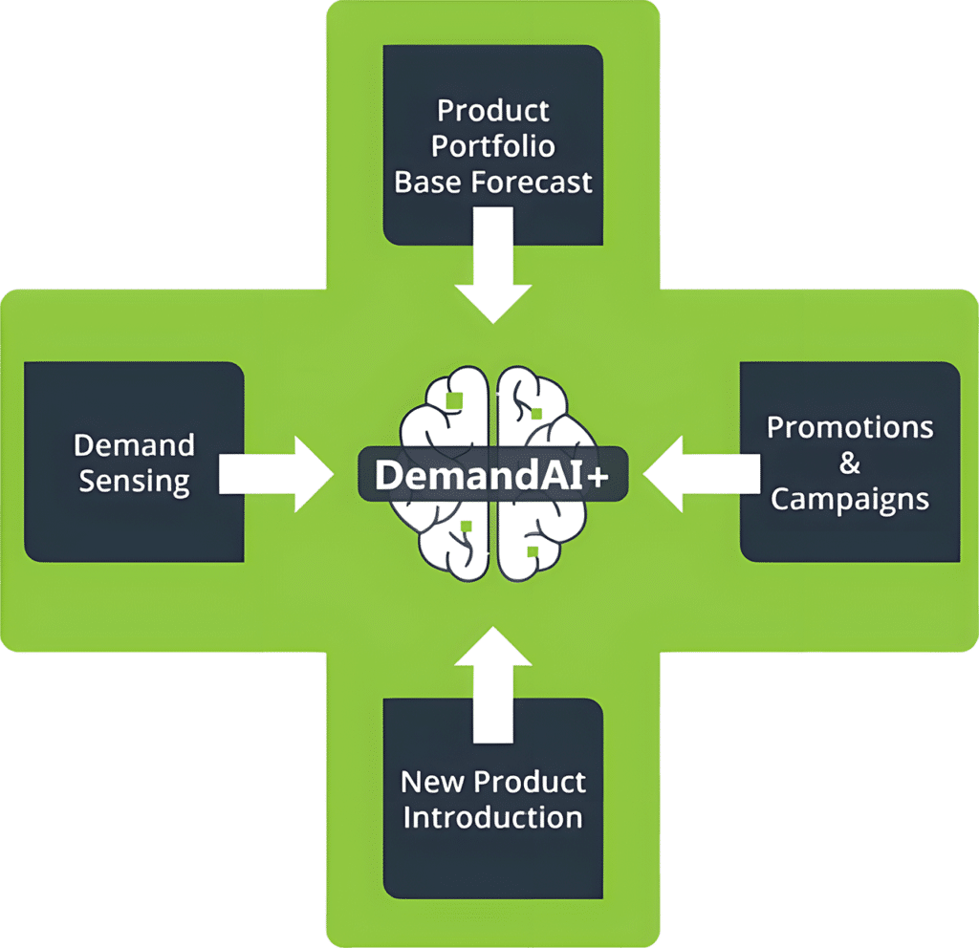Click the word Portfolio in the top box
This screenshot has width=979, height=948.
492,147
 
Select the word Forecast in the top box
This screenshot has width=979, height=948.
532,183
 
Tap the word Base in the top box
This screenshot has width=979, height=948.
429,183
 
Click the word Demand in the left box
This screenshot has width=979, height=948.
134,445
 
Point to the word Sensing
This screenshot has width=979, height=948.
134,483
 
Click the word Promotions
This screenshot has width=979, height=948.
850,427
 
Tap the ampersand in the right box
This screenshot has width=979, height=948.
850,463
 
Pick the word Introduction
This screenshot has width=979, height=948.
492,818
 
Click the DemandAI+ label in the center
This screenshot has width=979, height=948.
492,475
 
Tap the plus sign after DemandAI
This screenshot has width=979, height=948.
598,477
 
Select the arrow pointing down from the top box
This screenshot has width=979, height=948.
493,266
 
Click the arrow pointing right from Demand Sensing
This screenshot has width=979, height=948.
276,474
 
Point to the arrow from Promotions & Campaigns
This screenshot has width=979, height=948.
701,474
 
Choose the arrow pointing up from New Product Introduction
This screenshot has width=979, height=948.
493,684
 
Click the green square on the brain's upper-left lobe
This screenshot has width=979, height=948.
454,400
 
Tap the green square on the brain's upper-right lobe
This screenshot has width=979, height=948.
536,413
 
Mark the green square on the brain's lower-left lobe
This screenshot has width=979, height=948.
466,527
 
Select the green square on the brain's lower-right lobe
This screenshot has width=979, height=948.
533,551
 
